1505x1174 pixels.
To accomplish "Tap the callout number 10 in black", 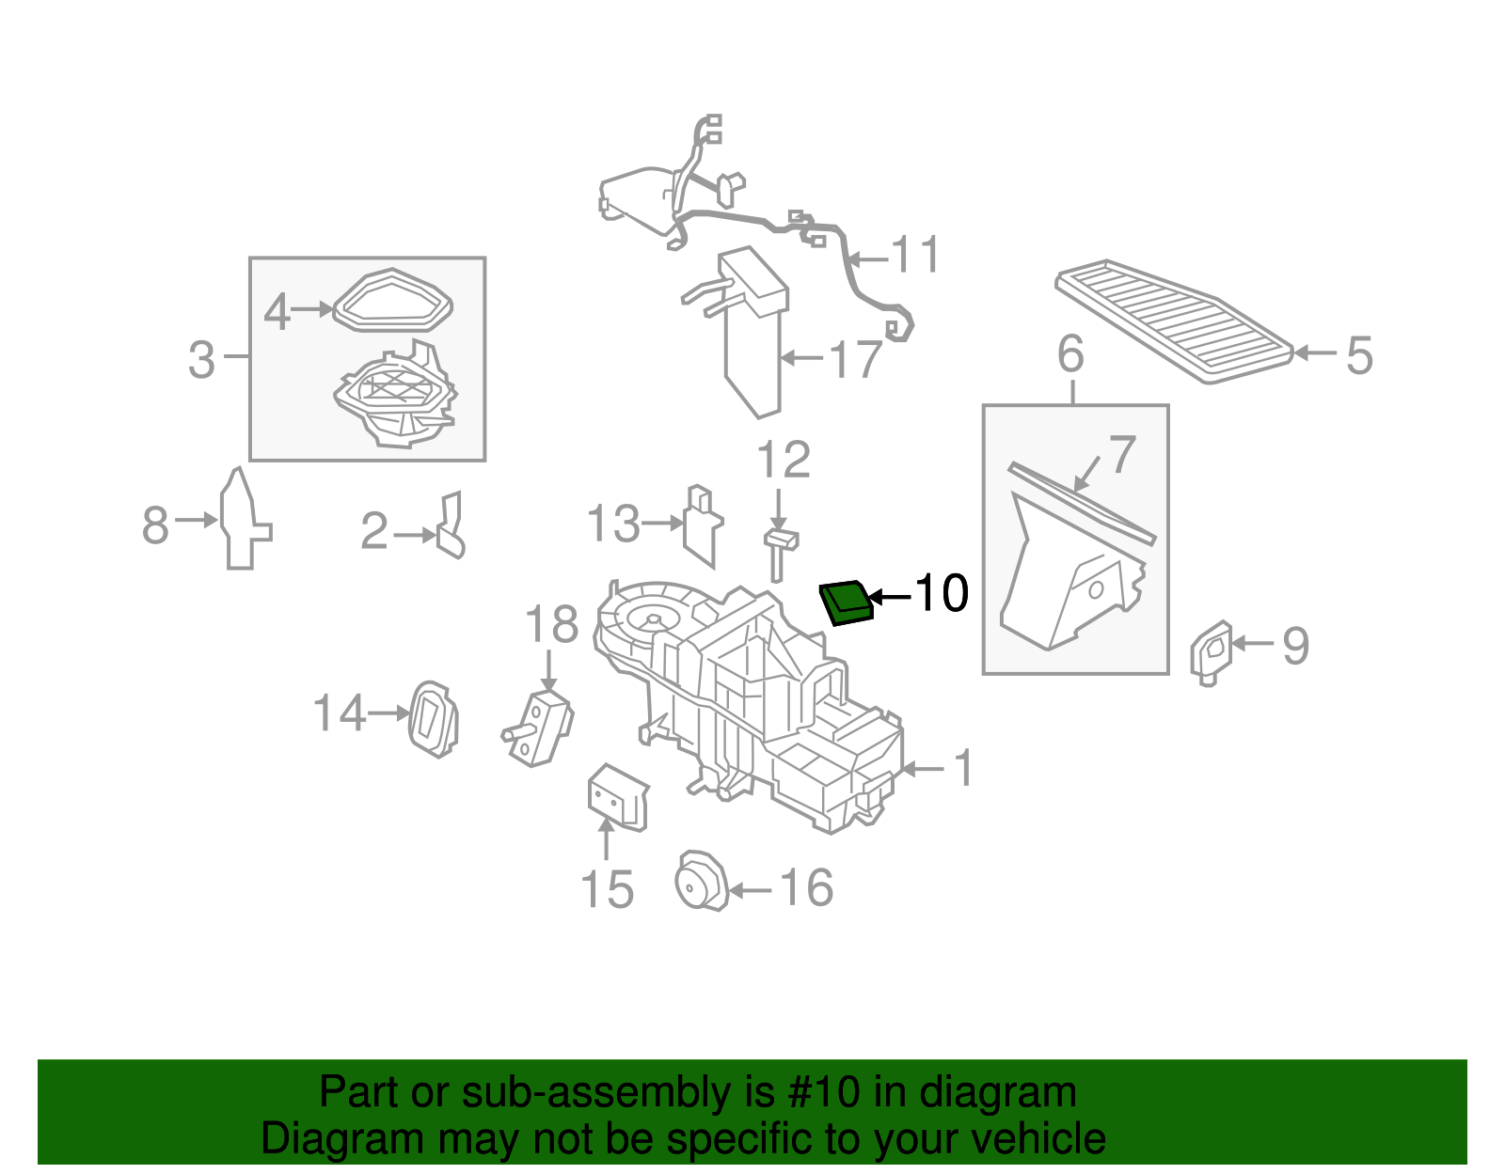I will [x=941, y=593].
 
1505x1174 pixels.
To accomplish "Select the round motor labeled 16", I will [x=701, y=881].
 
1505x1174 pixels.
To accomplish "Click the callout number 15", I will [x=607, y=889].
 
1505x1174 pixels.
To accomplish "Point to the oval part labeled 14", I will [x=433, y=719].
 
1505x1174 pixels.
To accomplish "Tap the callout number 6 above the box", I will [x=1071, y=354].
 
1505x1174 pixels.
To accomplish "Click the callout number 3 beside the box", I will [x=201, y=359].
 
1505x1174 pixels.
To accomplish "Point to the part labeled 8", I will [x=242, y=520].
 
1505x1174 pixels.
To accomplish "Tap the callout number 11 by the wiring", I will [x=915, y=256].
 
